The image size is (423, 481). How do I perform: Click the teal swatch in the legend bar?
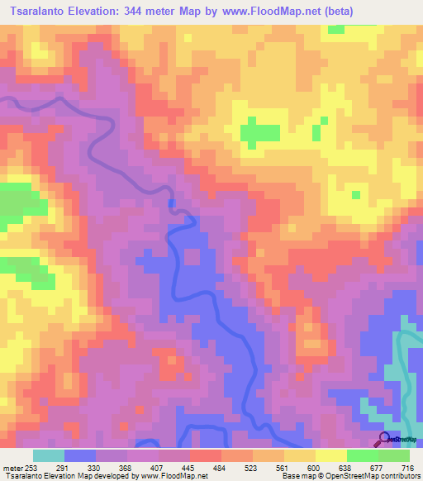pos(49,455)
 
